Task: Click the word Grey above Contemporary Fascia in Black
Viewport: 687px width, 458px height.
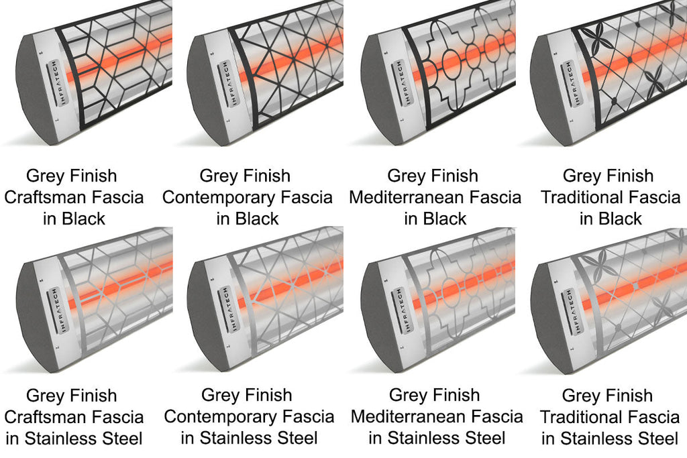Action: click(220, 176)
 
